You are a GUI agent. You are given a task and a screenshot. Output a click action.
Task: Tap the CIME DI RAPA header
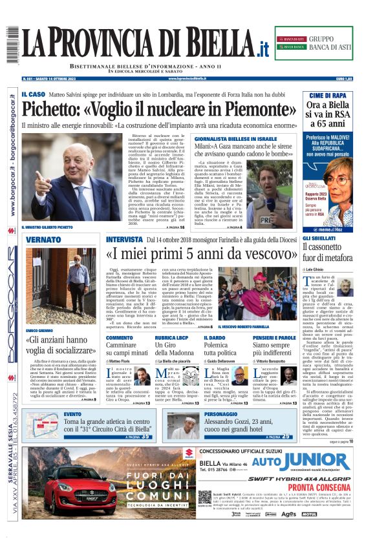328,95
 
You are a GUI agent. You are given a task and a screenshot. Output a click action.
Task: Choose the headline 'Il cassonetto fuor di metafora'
328,251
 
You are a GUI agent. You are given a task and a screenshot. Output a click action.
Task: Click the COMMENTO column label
119,337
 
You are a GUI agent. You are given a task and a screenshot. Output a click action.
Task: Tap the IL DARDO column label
214,337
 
